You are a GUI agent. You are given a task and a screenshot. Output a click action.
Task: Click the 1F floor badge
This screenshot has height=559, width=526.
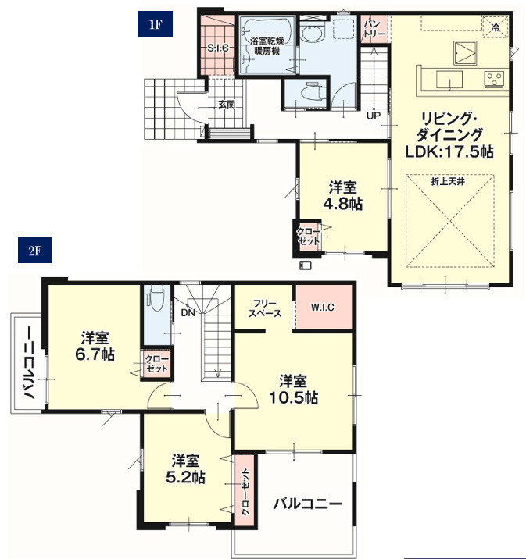click(x=155, y=24)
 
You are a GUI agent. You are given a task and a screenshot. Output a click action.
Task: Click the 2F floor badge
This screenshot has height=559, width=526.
click(x=34, y=250)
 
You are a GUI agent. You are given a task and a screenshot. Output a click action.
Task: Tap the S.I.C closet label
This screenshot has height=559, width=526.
click(x=218, y=48)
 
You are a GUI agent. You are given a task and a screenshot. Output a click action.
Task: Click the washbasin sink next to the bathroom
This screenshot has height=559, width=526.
click(x=312, y=34)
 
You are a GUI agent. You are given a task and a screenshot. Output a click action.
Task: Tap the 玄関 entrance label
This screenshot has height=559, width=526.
click(x=227, y=105)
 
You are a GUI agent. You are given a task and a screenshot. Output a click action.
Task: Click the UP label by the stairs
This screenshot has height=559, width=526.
click(x=374, y=116)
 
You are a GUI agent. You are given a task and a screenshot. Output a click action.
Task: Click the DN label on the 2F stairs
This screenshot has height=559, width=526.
click(x=188, y=312)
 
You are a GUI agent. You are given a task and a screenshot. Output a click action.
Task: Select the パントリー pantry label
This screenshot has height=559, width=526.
click(x=374, y=29)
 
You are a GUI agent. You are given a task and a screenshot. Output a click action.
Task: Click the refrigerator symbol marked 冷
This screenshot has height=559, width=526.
click(x=496, y=27)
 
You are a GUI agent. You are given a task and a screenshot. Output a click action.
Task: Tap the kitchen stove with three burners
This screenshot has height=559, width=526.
click(x=494, y=79)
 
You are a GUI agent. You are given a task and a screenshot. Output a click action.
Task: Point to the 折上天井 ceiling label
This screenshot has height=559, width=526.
click(x=448, y=181)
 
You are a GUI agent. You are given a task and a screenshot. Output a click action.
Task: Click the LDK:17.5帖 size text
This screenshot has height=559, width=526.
click(x=449, y=152)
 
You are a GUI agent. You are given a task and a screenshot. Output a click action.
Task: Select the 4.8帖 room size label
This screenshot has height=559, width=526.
click(x=343, y=204)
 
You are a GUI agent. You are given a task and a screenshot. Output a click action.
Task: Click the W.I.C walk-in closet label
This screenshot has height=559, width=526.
click(x=323, y=308)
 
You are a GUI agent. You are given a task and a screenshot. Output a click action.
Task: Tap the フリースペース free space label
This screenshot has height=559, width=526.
click(x=265, y=308)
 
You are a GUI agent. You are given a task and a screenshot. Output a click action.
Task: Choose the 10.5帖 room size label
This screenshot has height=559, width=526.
click(x=293, y=398)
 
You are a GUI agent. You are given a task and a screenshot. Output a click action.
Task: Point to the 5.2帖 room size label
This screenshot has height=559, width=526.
click(x=185, y=477)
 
